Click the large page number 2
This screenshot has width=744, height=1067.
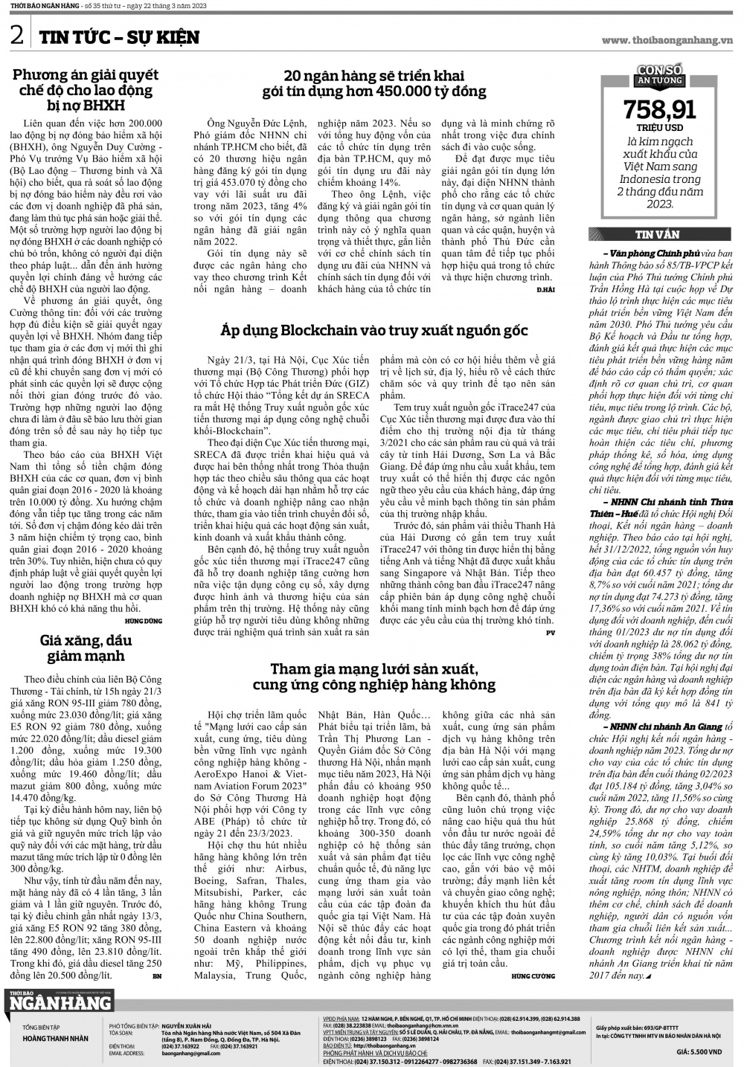pos(16,36)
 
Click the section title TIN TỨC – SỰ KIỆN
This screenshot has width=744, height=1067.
pos(119,36)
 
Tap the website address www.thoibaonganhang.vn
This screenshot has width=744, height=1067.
pos(667,40)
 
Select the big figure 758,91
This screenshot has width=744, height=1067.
pos(659,110)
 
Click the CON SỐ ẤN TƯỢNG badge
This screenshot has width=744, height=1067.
pos(659,75)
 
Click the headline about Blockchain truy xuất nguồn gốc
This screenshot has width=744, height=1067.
pos(374,330)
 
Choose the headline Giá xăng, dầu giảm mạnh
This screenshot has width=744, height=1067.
pos(86,648)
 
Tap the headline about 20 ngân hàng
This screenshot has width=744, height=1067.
pos(374,83)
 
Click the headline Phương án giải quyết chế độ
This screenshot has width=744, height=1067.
pos(86,90)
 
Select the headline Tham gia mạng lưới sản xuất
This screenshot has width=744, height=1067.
pos(374,677)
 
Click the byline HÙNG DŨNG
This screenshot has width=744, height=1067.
pos(144,621)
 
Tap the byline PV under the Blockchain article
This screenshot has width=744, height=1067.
pos(551,633)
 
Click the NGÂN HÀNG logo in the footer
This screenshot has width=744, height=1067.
pos(60,1003)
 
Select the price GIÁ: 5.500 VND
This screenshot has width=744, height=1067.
pos(699,1052)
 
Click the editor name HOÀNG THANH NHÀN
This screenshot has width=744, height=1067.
pos(55,1039)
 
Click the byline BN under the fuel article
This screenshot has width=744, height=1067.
pos(156,976)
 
